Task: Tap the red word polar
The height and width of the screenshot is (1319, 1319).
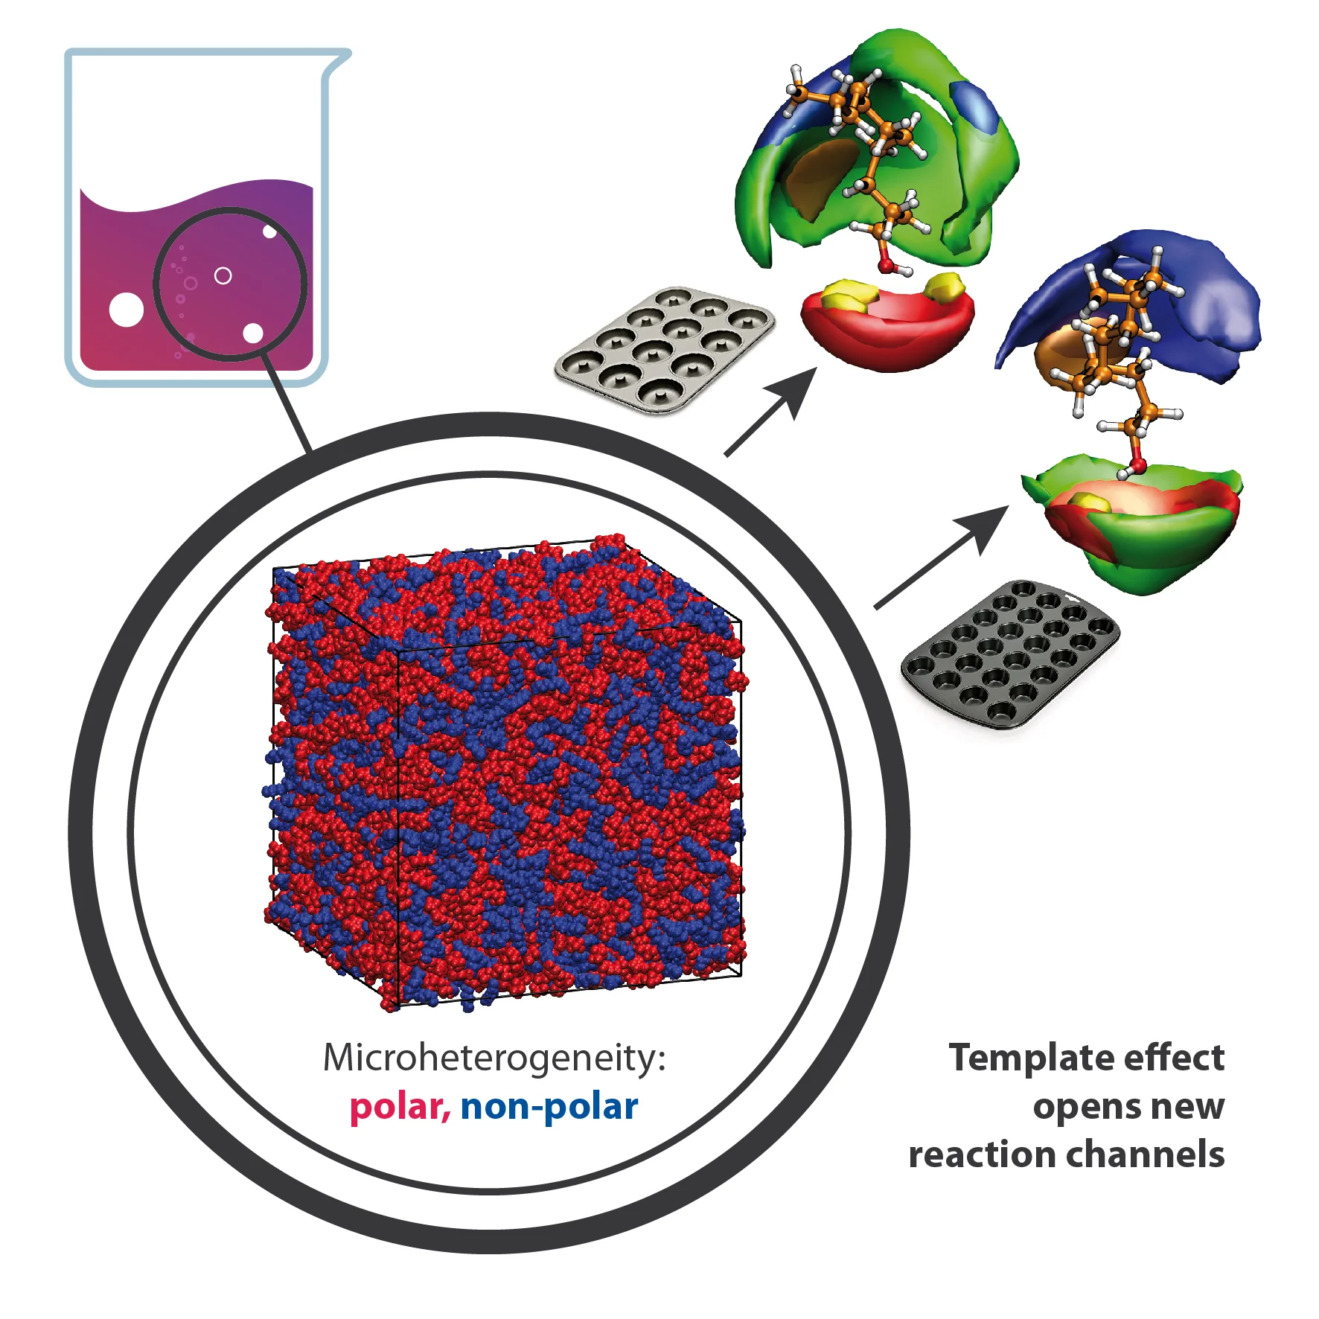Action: click(x=399, y=1107)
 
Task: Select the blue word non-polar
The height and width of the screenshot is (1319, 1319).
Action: click(x=549, y=1107)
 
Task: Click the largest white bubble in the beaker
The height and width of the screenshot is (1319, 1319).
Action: click(x=127, y=310)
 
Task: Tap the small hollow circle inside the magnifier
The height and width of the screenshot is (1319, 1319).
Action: click(x=223, y=276)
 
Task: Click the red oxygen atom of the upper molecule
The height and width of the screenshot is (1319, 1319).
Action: click(x=887, y=264)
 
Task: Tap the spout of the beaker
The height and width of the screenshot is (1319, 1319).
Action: click(x=339, y=60)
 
